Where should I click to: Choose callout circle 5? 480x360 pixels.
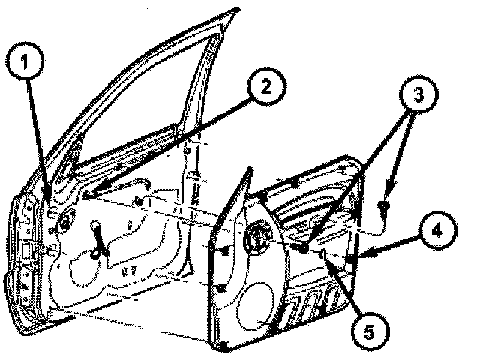point(365,328)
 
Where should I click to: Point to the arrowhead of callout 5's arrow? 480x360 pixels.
point(323,256)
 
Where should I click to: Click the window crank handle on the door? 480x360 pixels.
point(97,240)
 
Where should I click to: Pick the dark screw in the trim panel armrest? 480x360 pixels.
point(303,247)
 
